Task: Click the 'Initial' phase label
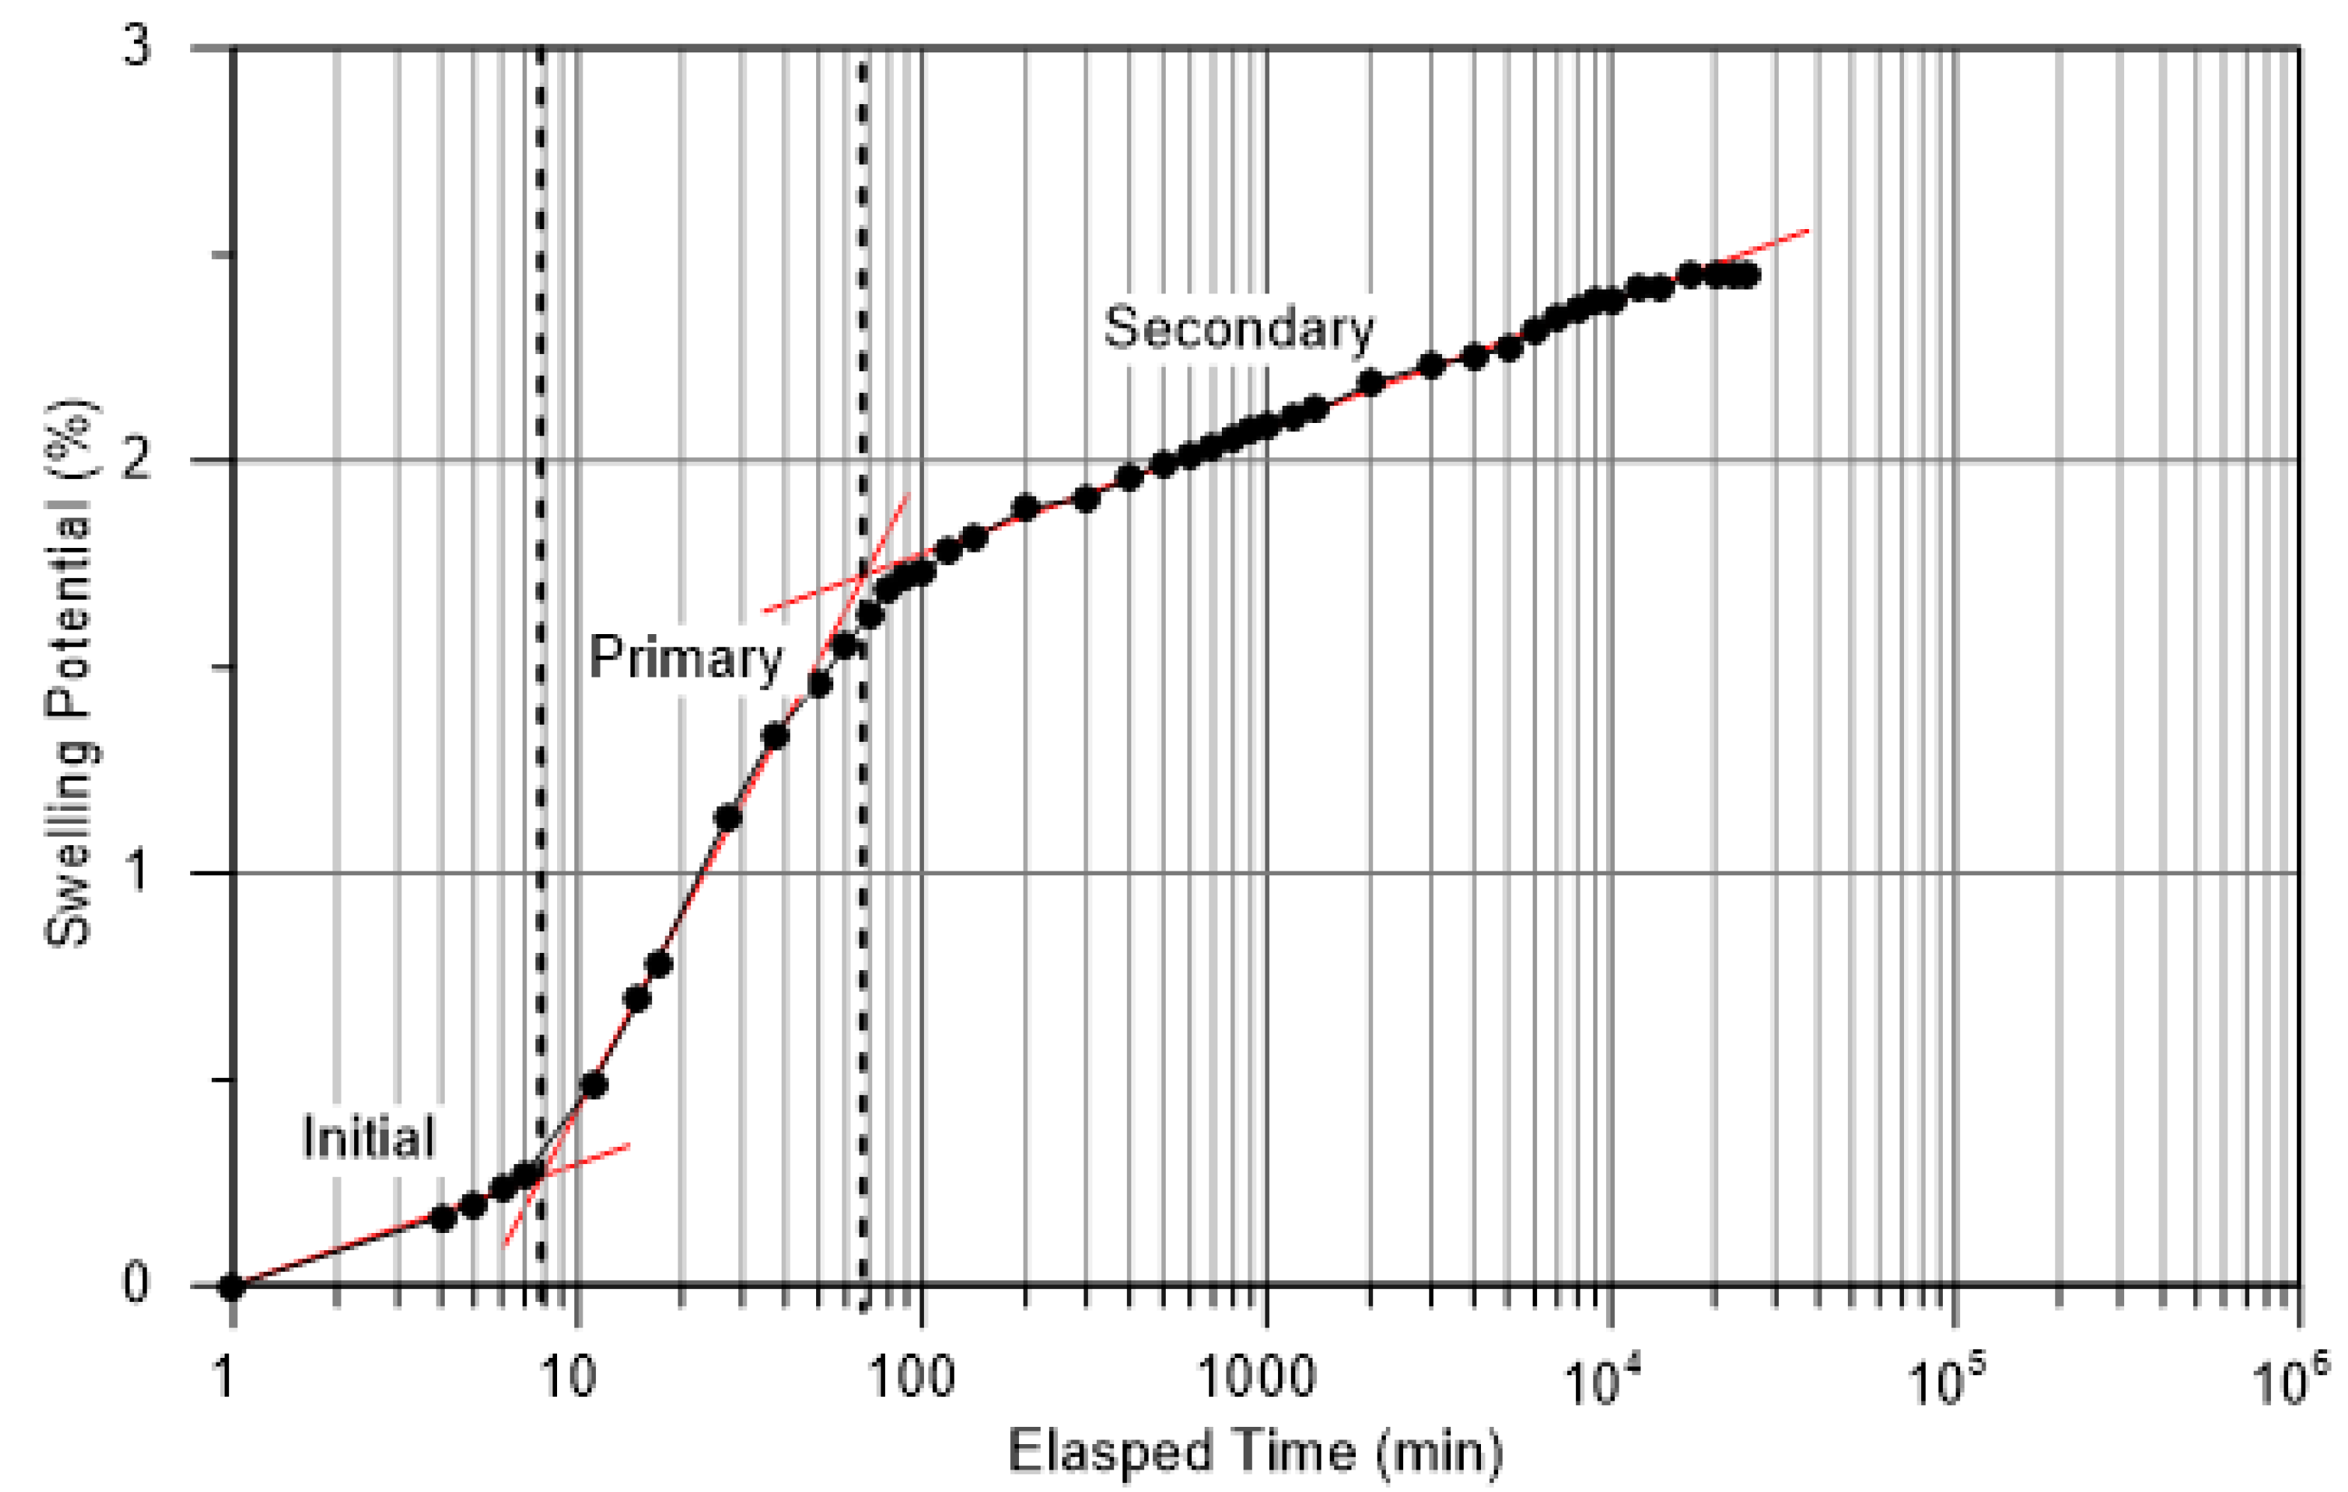(x=368, y=1137)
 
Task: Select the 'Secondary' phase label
(x=1238, y=329)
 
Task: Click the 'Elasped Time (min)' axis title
(x=1255, y=1451)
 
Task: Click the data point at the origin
(x=231, y=1287)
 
